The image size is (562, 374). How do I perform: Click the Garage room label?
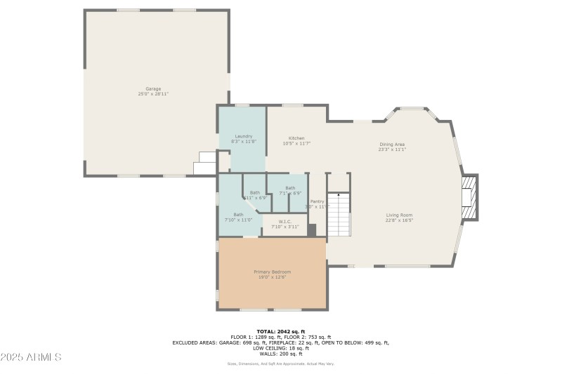(x=153, y=88)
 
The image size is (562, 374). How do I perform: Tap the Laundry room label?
(x=243, y=136)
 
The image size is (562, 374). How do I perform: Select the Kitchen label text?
(x=296, y=138)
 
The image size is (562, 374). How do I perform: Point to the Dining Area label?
(x=392, y=144)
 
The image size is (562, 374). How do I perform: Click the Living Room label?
(x=399, y=215)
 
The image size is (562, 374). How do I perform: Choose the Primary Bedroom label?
(x=272, y=272)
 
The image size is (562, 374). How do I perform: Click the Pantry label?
(x=318, y=201)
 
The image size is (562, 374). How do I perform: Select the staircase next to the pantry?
(x=339, y=214)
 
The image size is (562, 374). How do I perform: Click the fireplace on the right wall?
(x=469, y=197)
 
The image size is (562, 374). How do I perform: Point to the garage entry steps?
(x=205, y=163)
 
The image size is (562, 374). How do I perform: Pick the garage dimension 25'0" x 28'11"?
(x=153, y=94)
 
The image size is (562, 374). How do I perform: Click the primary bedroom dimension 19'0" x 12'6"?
(x=272, y=277)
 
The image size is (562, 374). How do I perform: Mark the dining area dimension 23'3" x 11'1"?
(x=392, y=149)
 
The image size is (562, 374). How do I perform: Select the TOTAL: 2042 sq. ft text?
(x=280, y=331)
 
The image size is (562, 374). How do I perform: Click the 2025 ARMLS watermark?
(x=31, y=357)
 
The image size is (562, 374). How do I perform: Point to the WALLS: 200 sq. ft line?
(x=280, y=353)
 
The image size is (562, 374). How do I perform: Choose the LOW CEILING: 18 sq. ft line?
(x=280, y=348)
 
